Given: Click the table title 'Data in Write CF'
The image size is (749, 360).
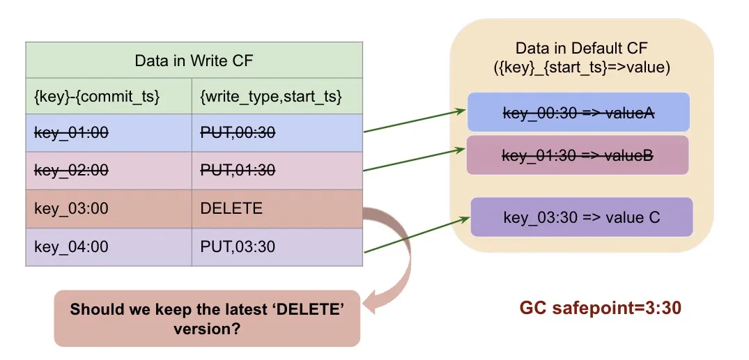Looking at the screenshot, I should click(194, 60).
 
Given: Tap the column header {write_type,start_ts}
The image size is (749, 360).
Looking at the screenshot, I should click(270, 96).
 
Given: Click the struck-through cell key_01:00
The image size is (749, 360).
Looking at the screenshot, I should click(72, 132).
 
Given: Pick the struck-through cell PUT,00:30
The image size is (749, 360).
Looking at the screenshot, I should click(238, 132).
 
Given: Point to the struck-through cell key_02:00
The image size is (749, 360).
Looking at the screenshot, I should click(72, 170).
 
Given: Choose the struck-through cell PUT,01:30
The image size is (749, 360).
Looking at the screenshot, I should click(238, 170).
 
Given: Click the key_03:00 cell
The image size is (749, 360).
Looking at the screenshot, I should click(72, 208).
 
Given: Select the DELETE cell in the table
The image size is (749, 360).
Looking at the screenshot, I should click(231, 208).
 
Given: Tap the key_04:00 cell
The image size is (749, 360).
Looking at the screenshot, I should click(72, 246).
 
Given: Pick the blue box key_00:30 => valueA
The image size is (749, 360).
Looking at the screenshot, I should click(578, 113).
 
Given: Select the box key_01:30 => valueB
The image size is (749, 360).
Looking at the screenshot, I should click(577, 155).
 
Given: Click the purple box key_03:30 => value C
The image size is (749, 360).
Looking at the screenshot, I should click(581, 217).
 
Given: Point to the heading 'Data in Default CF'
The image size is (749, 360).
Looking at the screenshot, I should click(581, 48).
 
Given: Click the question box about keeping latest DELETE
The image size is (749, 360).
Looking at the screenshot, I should click(207, 318).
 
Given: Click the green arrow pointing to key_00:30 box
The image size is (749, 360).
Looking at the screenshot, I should click(414, 120).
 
